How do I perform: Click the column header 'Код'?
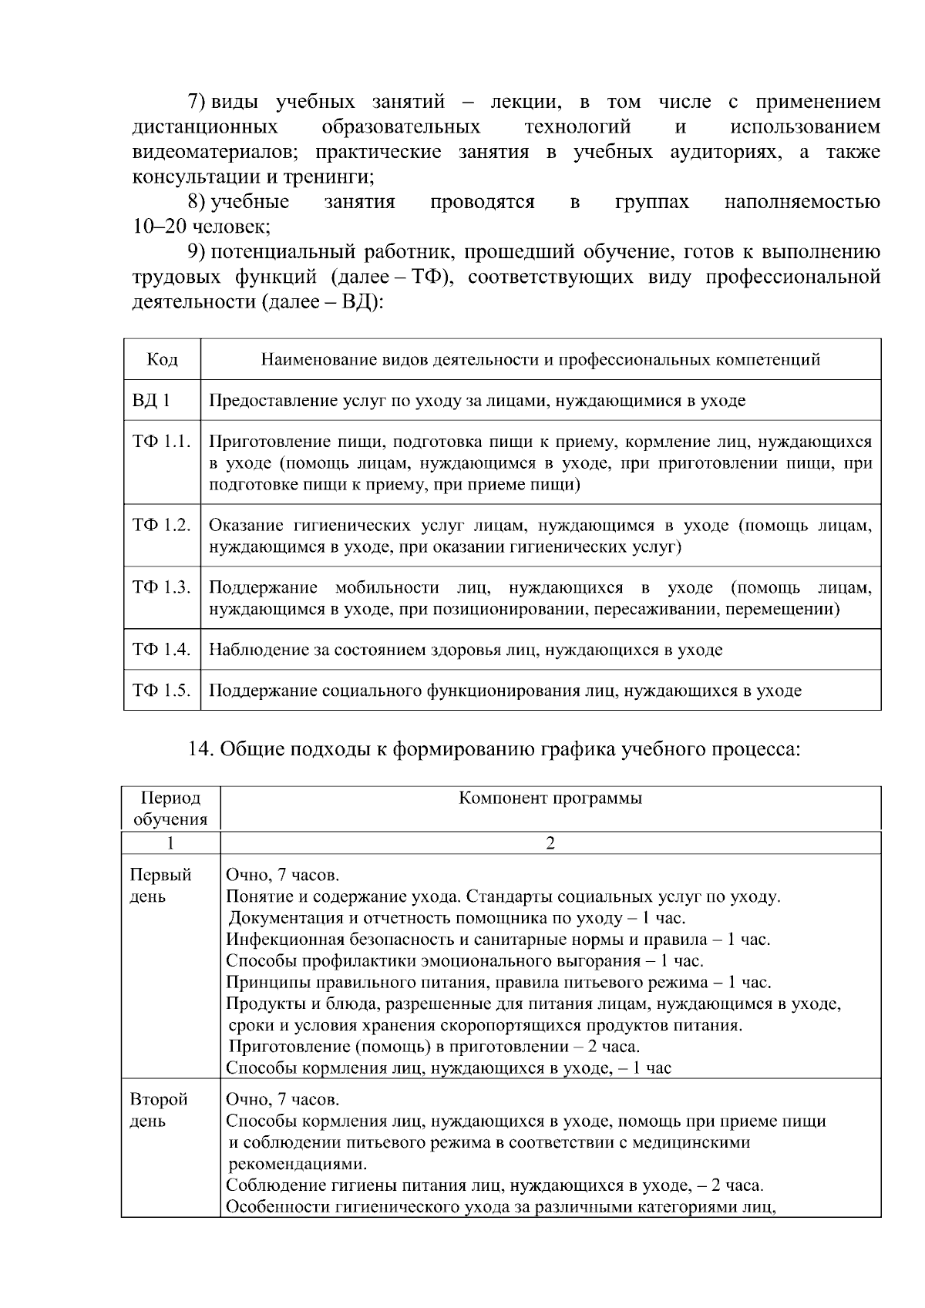162,360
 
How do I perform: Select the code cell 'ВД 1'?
150,401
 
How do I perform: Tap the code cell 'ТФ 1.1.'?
161,442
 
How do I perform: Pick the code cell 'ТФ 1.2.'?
161,526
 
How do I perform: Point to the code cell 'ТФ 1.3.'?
161,588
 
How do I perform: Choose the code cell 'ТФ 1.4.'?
161,650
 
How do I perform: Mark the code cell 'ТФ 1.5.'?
161,691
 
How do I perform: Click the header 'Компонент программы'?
550,799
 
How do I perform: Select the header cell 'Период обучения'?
170,809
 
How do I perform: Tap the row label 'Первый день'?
160,886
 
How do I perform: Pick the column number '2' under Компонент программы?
550,843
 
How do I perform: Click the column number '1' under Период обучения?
170,843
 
